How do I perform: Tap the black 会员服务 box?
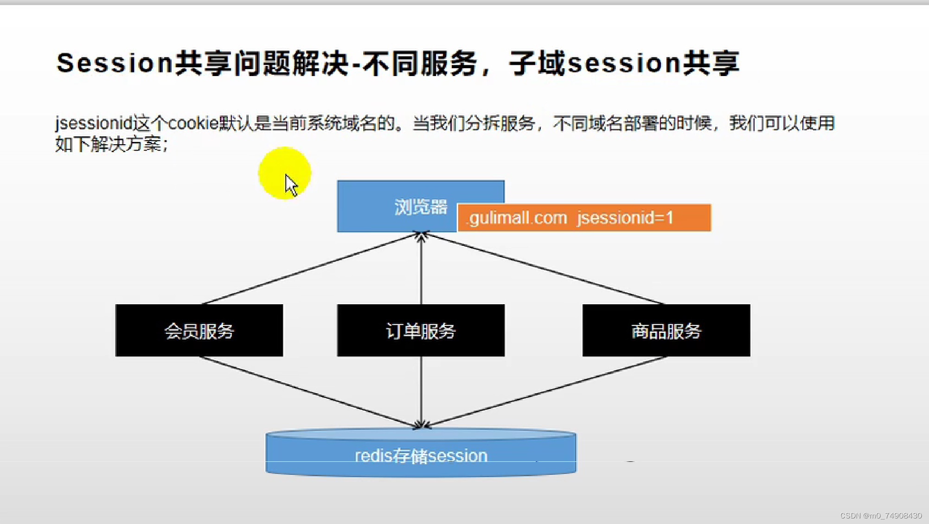(x=199, y=331)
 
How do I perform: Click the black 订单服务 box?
(x=421, y=331)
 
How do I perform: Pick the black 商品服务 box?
(x=666, y=331)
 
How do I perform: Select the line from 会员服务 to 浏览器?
(x=311, y=269)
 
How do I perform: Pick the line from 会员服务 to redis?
(x=308, y=392)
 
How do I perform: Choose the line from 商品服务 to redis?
(x=545, y=392)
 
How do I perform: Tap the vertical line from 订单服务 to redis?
(x=421, y=392)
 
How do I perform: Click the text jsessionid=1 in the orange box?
(x=625, y=217)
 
